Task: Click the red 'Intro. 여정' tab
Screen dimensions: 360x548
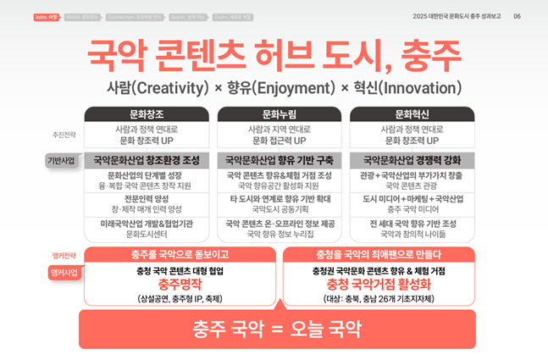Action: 47,17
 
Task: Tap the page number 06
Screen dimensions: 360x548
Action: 517,17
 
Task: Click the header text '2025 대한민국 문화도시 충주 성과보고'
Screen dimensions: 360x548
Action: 457,17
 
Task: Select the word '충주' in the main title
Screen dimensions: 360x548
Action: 425,56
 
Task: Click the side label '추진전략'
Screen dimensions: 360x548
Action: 64,135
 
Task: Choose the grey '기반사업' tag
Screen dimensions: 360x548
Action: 62,160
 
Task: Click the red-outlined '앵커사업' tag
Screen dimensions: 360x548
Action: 64,273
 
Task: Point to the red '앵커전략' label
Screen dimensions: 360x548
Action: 64,256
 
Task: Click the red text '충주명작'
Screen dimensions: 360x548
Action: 180,285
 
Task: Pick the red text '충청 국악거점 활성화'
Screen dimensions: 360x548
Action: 379,285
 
